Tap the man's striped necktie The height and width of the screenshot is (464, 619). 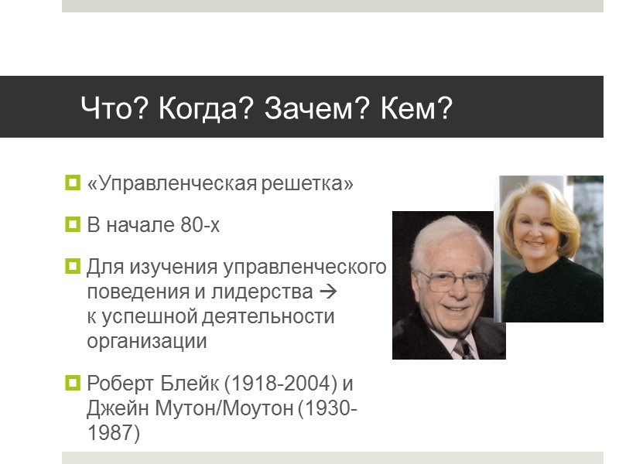click(463, 347)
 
